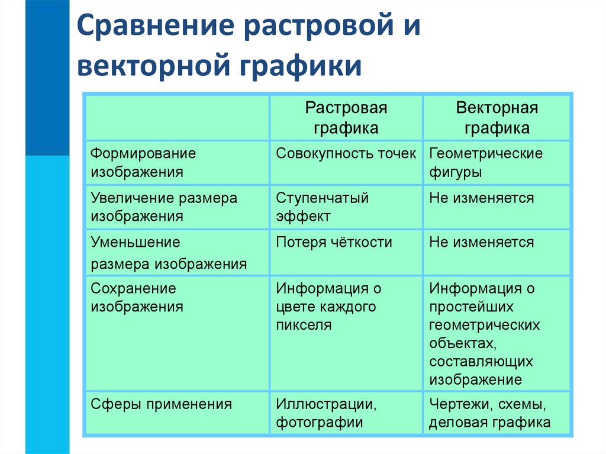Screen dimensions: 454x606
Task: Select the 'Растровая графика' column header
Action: pos(346,118)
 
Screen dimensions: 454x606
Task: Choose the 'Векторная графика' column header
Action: pos(497,118)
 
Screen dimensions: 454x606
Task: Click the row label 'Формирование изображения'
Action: pos(143,163)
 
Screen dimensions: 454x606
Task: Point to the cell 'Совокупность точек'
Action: pos(346,154)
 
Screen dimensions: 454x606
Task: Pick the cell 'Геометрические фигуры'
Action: pos(486,163)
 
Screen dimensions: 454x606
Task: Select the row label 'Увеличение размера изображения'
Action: pos(164,207)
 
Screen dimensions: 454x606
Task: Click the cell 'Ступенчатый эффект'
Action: pos(323,207)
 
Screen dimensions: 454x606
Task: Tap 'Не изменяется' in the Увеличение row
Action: pos(482,198)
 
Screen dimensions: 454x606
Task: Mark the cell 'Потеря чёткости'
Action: pos(334,242)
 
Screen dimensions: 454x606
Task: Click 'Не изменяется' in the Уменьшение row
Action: pos(482,242)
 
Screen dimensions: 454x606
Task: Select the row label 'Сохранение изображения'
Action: pos(137,298)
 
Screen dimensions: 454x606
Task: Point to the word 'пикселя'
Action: pos(304,325)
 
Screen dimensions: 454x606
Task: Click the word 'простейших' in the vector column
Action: pos(472,307)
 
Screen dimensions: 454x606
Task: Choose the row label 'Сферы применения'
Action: pos(161,404)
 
